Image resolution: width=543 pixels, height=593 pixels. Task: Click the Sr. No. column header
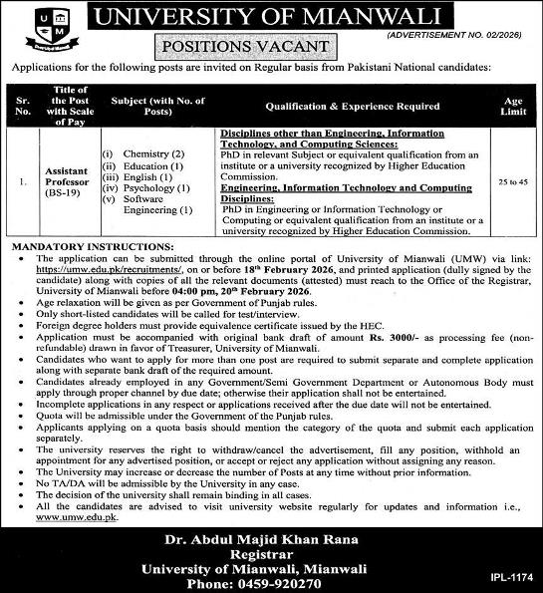point(24,107)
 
